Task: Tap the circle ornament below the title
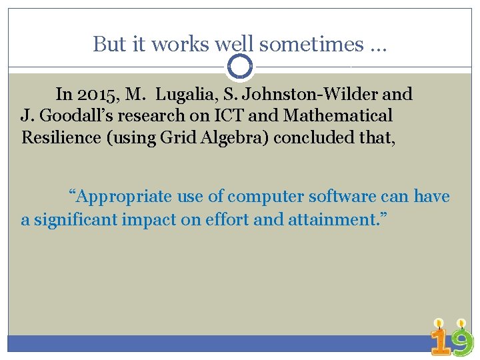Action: coord(240,67)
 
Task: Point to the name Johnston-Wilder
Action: coord(311,95)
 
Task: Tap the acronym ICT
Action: coord(232,116)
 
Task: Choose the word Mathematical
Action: coord(338,116)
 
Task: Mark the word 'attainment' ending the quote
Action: coord(332,219)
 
